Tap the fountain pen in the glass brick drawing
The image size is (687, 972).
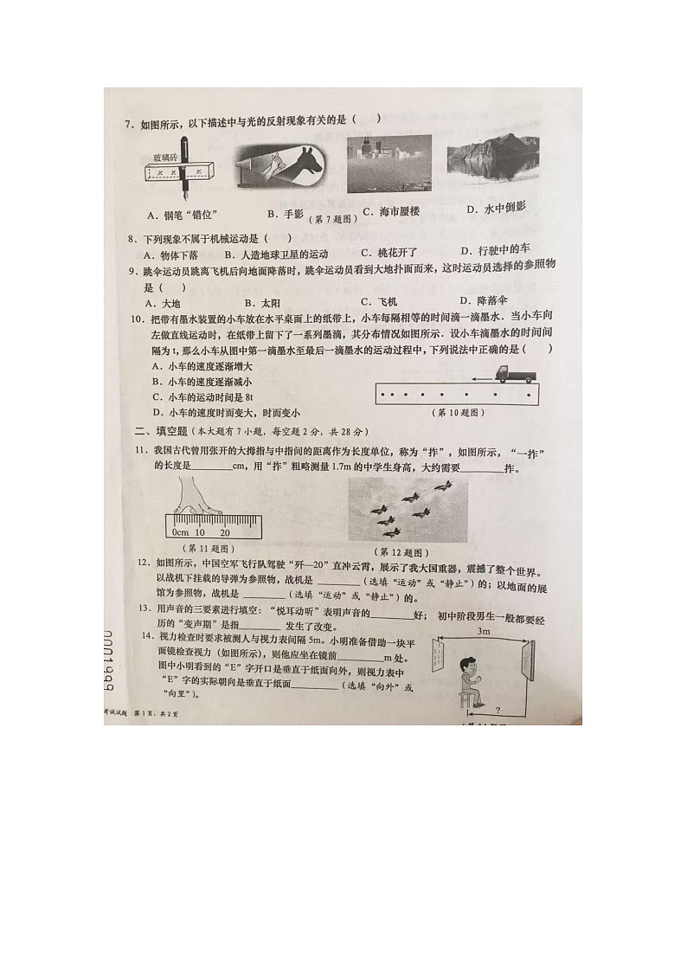click(x=185, y=169)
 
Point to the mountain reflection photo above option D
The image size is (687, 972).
click(x=487, y=161)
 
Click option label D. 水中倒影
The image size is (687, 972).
click(x=497, y=209)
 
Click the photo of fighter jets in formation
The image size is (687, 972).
click(x=407, y=510)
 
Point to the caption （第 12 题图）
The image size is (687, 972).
click(x=401, y=551)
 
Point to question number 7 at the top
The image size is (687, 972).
click(x=128, y=125)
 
